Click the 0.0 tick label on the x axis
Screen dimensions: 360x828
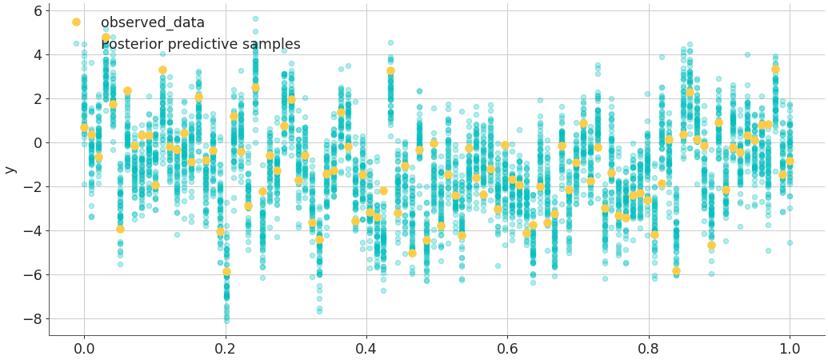coord(83,349)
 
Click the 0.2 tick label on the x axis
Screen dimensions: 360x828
coord(225,349)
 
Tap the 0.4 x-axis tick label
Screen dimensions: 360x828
coord(366,349)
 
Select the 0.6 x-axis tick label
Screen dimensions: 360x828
coord(507,349)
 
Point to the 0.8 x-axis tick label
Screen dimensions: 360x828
coord(649,349)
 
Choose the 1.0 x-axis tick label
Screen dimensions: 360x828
coord(790,349)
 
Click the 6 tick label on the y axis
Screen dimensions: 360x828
coord(38,11)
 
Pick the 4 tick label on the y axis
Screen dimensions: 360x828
coord(38,55)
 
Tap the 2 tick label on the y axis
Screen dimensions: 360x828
coord(38,99)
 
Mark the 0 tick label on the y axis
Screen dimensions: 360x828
coord(38,143)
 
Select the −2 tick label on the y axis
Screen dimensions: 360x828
coord(33,187)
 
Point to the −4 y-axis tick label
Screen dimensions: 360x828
coord(33,231)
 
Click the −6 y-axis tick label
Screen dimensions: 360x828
coord(33,275)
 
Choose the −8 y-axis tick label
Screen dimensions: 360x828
coord(33,319)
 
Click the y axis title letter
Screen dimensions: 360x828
coord(10,170)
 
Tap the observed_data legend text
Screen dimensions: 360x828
coord(152,23)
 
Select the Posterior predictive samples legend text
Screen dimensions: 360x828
coord(200,45)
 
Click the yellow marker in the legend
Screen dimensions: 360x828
coord(76,22)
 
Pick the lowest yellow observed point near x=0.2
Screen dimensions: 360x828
coord(226,272)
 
